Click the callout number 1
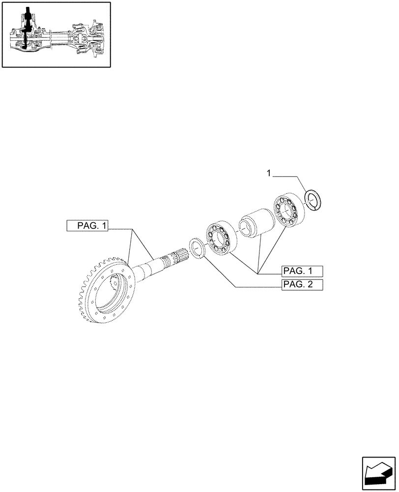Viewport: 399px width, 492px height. [x=269, y=173]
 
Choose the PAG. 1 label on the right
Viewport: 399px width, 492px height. [x=301, y=271]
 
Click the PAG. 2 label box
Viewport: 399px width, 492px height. [x=301, y=285]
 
